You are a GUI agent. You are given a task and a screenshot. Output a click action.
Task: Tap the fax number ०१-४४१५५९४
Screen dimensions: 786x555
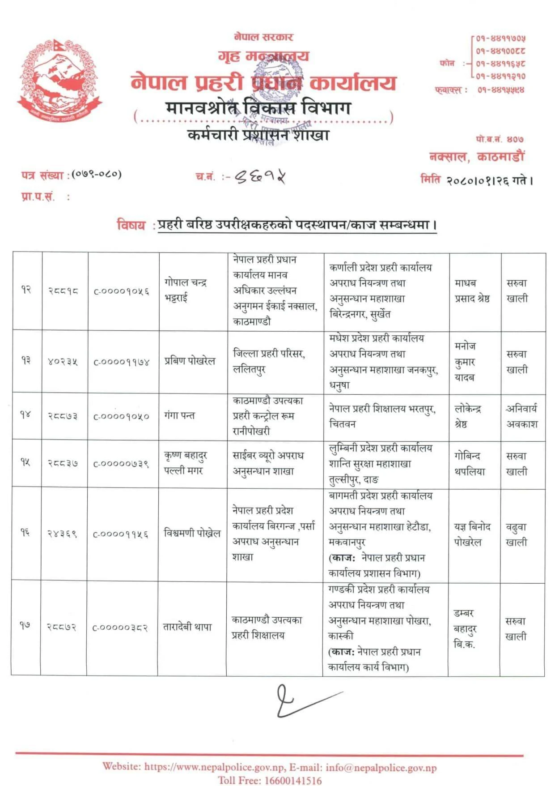(x=500, y=90)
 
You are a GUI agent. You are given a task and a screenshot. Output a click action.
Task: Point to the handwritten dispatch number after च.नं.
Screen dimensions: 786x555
(x=260, y=177)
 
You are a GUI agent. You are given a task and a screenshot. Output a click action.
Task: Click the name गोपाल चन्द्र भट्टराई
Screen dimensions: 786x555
(x=186, y=290)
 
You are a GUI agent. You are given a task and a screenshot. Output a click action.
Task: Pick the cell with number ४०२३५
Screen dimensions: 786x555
(x=63, y=362)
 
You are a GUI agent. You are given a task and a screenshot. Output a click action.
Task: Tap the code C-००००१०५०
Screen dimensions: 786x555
(x=121, y=416)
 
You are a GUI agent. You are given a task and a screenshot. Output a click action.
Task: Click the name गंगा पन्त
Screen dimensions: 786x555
(x=179, y=416)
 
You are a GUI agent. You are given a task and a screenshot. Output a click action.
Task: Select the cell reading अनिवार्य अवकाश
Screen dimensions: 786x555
(x=521, y=416)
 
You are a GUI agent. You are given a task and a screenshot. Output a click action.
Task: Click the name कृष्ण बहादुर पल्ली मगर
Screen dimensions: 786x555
(x=186, y=463)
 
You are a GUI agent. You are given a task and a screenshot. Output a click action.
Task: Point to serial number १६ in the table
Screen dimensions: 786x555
(x=25, y=533)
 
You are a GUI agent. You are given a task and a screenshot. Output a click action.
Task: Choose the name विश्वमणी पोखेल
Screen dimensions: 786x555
(x=192, y=533)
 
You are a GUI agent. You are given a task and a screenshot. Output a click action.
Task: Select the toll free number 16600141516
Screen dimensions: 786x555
(x=292, y=780)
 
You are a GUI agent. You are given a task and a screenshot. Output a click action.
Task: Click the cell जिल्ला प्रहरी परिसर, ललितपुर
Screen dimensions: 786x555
(x=269, y=361)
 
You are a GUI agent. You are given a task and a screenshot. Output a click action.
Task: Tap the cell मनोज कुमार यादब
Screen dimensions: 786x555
(x=465, y=362)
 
